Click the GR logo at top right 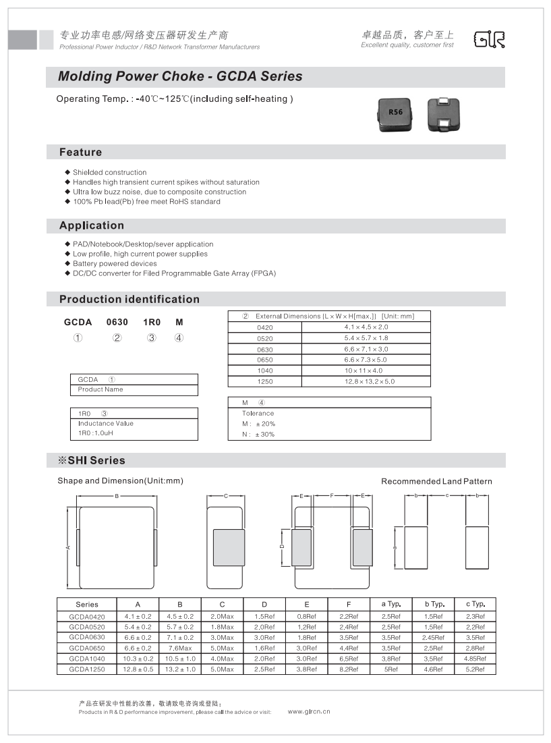coord(489,40)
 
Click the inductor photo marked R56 coord(395,113)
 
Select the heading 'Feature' coord(80,153)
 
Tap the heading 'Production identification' coord(129,299)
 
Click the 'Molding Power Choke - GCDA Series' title coord(180,76)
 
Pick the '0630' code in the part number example coord(117,323)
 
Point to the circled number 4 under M coord(179,337)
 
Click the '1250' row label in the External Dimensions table coord(265,381)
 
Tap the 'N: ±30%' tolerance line coord(258,434)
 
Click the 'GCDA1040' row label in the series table coord(87,658)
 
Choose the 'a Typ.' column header coord(391,604)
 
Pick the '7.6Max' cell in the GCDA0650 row coord(180,648)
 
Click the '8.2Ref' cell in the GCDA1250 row coord(349,669)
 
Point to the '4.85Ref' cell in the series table coord(475,658)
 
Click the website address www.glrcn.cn coord(309,711)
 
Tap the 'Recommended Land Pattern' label coord(436,481)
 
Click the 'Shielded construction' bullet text coord(109,172)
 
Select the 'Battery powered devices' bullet coord(115,264)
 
